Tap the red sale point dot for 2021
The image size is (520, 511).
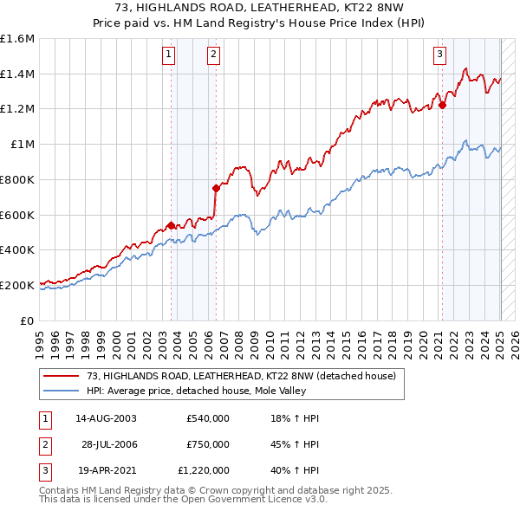pyautogui.click(x=442, y=106)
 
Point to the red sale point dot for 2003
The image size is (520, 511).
pyautogui.click(x=171, y=225)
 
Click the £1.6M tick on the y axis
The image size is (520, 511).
pyautogui.click(x=17, y=39)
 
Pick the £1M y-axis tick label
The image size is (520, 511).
pyautogui.click(x=23, y=145)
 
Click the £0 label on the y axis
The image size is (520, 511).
pyautogui.click(x=29, y=320)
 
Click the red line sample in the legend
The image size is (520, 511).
pyautogui.click(x=62, y=376)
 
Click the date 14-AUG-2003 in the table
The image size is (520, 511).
pyautogui.click(x=106, y=418)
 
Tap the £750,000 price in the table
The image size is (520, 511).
pyautogui.click(x=208, y=444)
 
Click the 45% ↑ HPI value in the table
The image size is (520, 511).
pyautogui.click(x=295, y=444)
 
